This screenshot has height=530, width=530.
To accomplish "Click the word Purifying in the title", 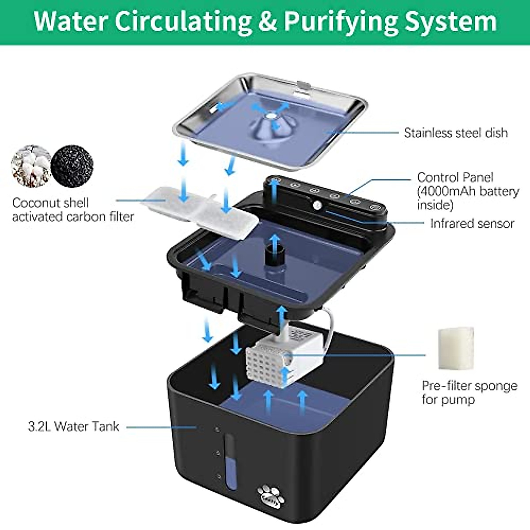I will pos(340,21).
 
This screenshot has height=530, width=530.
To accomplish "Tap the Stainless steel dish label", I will pos(455,132).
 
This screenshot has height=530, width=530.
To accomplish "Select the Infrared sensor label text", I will pos(472,223).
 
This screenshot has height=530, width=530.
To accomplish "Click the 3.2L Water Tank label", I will pos(73,426).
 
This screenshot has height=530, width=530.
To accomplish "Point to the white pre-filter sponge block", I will pos(455,348).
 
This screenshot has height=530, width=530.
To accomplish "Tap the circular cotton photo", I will pos(31,166).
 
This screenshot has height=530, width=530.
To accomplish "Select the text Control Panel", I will pos(455,177).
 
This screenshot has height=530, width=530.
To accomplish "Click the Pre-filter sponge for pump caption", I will pos(469,392).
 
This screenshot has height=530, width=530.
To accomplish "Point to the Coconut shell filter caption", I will pos(73,209).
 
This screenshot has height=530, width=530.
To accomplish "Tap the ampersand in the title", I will pos(268,21).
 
